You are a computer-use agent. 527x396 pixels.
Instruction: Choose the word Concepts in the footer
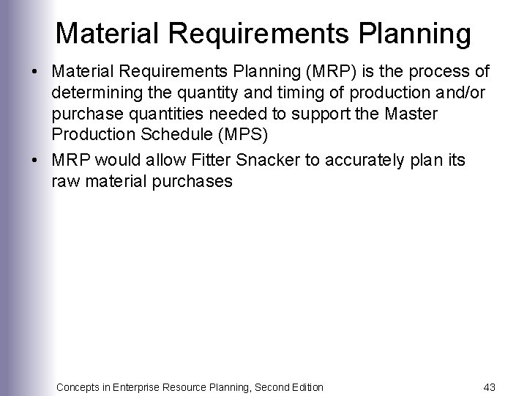pyautogui.click(x=80, y=386)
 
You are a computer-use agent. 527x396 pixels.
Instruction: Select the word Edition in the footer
pyautogui.click(x=304, y=386)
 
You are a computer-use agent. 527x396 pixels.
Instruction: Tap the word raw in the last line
pyautogui.click(x=64, y=180)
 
